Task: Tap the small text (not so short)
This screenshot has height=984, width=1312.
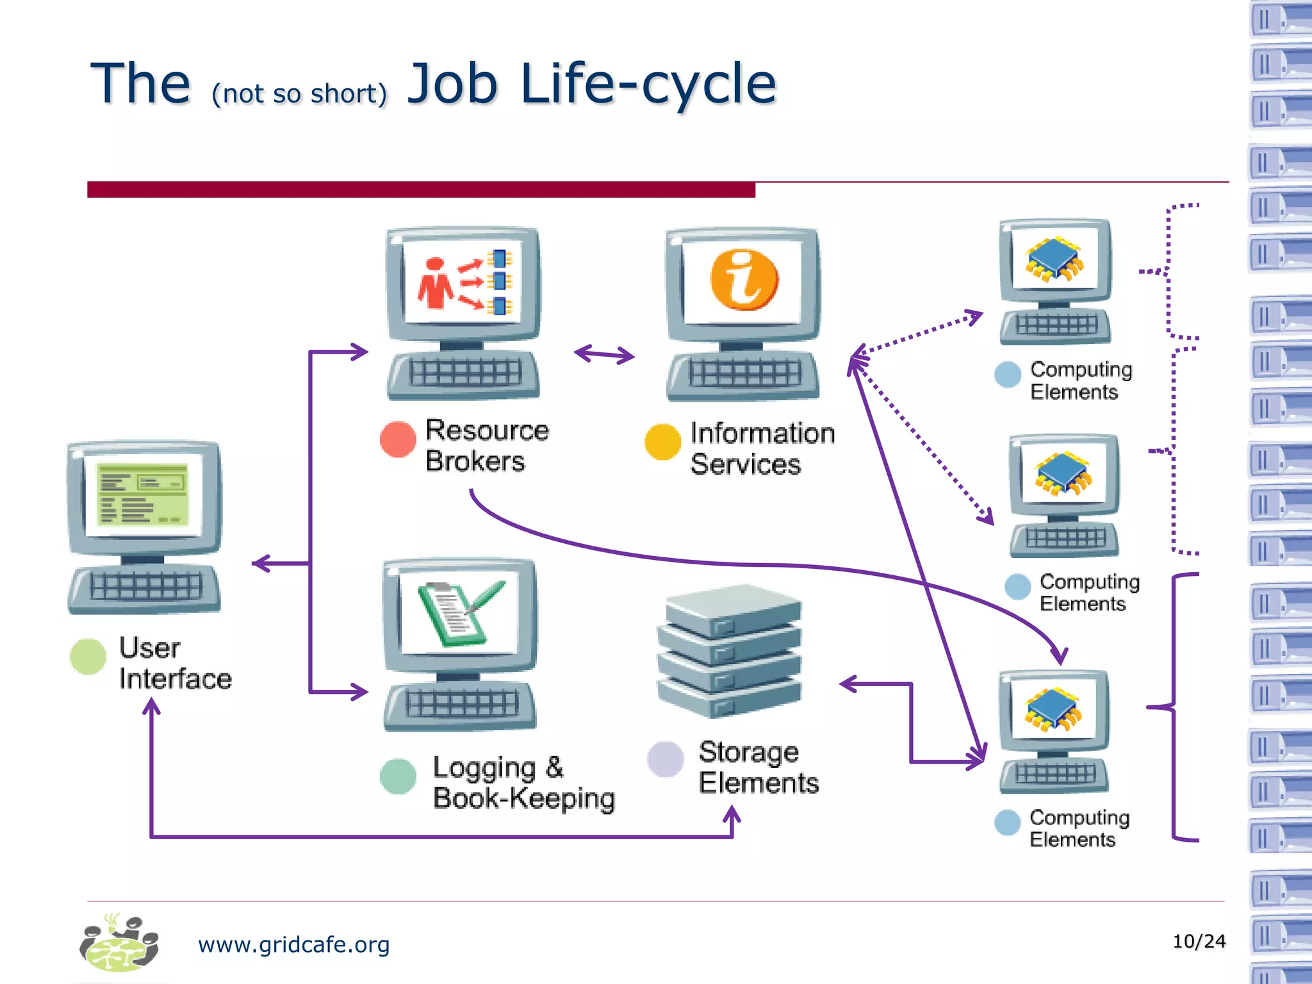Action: coord(300,94)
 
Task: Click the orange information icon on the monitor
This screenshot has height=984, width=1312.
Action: coord(744,280)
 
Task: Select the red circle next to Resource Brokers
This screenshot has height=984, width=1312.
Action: coord(398,439)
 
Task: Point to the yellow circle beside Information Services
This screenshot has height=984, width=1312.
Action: coord(662,442)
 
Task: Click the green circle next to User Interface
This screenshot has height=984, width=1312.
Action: coord(88,656)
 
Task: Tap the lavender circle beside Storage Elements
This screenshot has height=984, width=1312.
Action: coord(666,759)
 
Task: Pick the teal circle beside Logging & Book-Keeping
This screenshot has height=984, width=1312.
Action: coord(398,776)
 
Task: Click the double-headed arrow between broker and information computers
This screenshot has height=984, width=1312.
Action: coord(604,354)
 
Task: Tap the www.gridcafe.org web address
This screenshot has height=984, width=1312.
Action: coord(293,944)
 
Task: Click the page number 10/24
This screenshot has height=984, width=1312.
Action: coord(1199,941)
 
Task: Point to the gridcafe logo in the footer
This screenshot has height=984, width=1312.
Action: coord(119,943)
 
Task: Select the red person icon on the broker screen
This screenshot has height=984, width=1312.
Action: coord(435,283)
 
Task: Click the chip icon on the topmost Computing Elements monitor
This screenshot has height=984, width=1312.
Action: coord(1054,258)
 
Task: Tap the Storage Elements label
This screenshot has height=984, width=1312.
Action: coord(758,767)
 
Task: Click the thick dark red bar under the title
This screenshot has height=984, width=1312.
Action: coord(421,190)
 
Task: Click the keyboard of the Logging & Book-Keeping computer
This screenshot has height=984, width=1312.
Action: coord(461,705)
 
